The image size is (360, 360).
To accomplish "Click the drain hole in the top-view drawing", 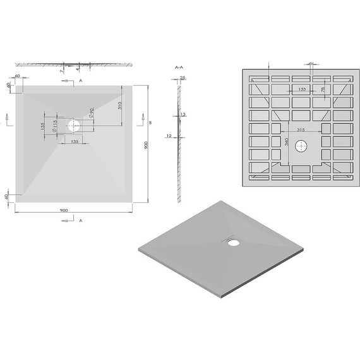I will (x=75, y=125).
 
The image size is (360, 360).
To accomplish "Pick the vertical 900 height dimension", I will (x=146, y=145).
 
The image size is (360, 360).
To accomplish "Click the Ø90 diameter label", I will (x=92, y=115).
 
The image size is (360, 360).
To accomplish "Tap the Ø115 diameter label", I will (x=55, y=125).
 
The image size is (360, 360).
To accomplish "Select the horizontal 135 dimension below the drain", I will (x=75, y=142).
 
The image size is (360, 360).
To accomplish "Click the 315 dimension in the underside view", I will (x=301, y=129).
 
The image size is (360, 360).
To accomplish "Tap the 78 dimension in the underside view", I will (x=323, y=91).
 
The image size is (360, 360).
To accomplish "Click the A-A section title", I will (x=179, y=66).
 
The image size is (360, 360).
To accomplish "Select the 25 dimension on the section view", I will (x=182, y=78).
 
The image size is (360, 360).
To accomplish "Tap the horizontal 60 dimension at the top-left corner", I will (x=17, y=76).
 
